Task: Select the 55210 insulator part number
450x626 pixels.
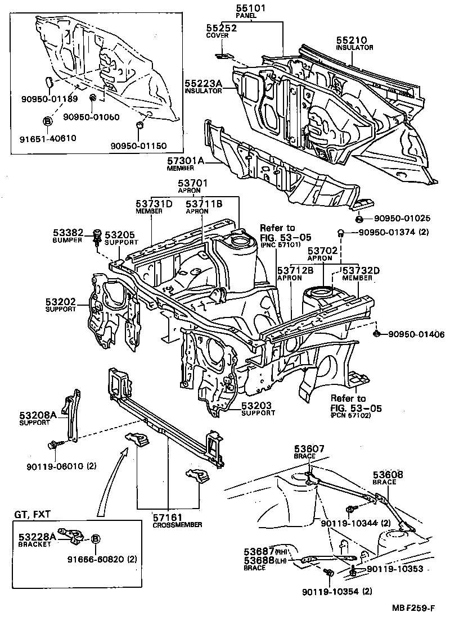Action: tap(352, 40)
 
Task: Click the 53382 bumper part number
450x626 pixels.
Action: tap(69, 232)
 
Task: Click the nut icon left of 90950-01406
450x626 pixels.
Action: tap(376, 334)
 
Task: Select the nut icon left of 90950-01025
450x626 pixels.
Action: tap(358, 219)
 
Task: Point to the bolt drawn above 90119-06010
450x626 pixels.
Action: tap(54, 445)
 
